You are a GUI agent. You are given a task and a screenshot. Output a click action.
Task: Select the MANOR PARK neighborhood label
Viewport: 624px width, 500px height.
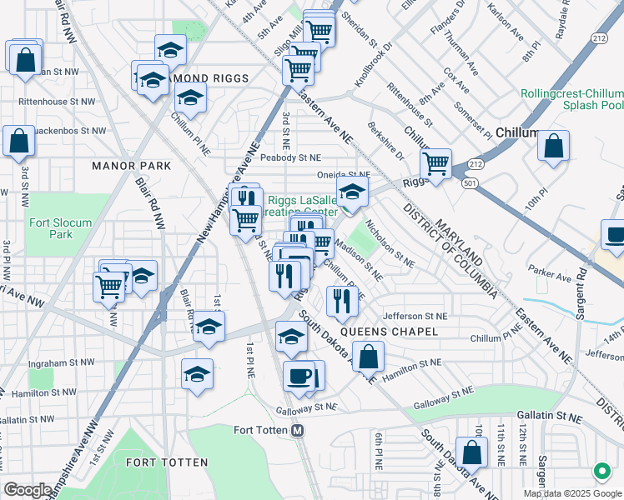[x=132, y=166]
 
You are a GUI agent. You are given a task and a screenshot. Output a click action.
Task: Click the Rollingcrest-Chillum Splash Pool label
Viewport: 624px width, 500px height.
[x=572, y=100]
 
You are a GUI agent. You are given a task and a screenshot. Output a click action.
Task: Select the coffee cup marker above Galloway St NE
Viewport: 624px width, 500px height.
[x=299, y=376]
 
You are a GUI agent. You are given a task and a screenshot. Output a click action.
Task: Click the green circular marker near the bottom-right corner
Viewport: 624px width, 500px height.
[x=601, y=472]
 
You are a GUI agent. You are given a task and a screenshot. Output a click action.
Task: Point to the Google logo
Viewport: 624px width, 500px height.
[x=28, y=490]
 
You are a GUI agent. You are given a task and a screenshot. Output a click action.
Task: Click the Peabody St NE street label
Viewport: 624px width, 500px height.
[x=290, y=157]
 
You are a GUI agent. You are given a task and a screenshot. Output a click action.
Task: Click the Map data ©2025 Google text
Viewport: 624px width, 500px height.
[x=573, y=492]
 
